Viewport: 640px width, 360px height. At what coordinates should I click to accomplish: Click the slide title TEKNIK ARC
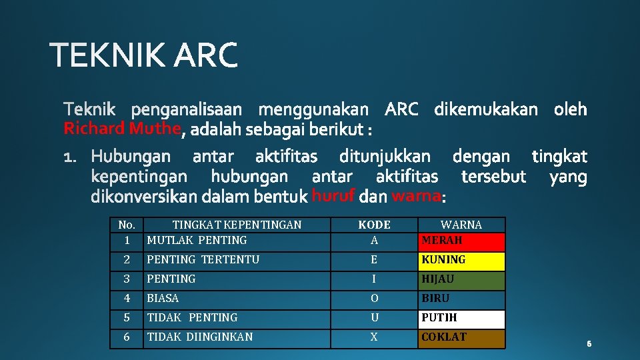(143, 55)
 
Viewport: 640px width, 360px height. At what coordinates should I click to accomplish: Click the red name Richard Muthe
(122, 128)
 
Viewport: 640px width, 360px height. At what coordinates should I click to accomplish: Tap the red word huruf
(333, 196)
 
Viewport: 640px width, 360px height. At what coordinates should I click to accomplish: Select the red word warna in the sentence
(416, 196)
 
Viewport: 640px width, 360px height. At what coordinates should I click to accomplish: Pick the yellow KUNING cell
(462, 260)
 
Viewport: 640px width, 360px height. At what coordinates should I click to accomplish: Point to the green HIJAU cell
(462, 279)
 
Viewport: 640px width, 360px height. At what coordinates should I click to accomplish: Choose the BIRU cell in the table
(462, 299)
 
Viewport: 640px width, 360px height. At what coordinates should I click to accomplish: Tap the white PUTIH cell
(462, 318)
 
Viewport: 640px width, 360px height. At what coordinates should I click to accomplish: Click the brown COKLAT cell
(462, 337)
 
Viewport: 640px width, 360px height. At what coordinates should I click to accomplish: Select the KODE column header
(374, 225)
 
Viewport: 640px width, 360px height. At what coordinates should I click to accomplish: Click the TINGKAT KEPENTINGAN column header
(237, 225)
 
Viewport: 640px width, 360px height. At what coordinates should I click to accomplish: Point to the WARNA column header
(461, 225)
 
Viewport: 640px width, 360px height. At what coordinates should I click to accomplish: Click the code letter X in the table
(374, 337)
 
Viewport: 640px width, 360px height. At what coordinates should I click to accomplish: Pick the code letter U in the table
(374, 318)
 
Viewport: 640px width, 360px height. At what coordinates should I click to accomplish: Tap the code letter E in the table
(374, 260)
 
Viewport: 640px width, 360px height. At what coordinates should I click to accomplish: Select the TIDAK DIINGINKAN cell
(200, 337)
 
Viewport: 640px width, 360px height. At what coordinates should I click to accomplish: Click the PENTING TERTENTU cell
(203, 260)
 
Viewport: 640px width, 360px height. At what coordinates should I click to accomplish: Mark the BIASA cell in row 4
(163, 299)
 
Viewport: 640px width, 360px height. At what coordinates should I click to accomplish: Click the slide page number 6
(589, 344)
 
